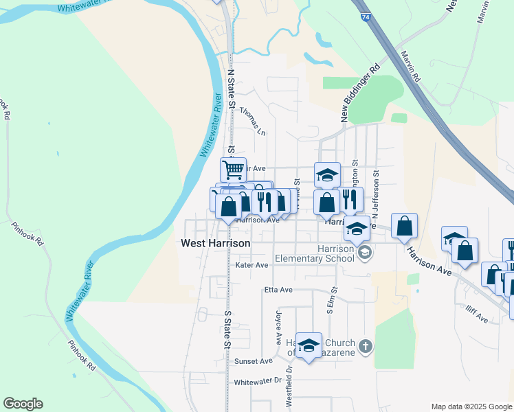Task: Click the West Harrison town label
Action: (x=215, y=243)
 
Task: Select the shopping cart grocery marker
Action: (x=233, y=169)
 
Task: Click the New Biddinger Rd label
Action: (x=361, y=95)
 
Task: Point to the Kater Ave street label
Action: (x=252, y=264)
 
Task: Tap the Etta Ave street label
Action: (x=278, y=290)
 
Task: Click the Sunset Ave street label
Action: (x=254, y=360)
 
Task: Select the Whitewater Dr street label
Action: (x=258, y=381)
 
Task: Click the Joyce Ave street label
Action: (x=279, y=328)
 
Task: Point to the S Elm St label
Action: (x=331, y=301)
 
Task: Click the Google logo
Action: (x=23, y=404)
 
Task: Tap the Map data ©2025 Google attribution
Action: (x=471, y=407)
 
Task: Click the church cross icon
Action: (x=366, y=345)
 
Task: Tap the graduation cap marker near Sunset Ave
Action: (x=309, y=346)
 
